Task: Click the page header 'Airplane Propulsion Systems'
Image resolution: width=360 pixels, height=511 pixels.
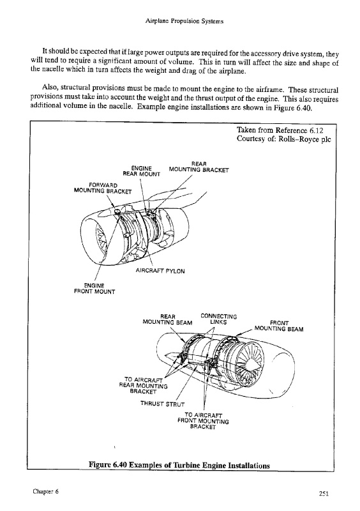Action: pos(184,22)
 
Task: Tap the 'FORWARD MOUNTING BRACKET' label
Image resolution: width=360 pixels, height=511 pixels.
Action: pos(103,188)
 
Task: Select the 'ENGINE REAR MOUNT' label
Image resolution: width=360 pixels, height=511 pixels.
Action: pos(142,171)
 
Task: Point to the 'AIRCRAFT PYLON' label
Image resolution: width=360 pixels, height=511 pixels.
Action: pos(160,271)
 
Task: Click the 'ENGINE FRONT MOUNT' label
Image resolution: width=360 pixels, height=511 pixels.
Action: pos(94,289)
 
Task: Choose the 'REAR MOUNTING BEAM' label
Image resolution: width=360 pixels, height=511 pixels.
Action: pos(167,320)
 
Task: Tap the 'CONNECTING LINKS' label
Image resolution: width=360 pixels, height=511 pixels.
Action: pos(218,319)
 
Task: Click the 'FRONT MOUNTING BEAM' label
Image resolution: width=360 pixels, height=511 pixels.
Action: pos(279,326)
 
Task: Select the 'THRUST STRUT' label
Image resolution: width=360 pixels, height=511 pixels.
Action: pos(162,404)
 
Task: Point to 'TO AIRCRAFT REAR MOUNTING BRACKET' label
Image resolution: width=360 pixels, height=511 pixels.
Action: pos(144,386)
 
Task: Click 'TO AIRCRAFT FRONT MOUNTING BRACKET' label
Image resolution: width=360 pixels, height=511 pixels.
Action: pos(203,421)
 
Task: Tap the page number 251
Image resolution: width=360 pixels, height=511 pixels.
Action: pos(324,494)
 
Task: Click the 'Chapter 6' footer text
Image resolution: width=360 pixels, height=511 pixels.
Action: pos(45,492)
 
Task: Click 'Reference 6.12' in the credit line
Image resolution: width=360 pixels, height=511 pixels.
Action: pos(299,130)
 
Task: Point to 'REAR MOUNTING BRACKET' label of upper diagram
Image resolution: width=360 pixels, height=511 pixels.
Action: pos(199,167)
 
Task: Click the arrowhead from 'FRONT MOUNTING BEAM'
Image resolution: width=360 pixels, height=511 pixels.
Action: pos(237,334)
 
